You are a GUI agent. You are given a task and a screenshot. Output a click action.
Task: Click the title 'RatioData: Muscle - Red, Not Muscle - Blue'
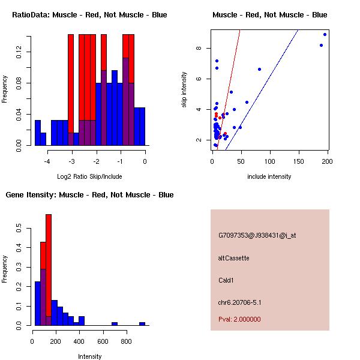point(89,14)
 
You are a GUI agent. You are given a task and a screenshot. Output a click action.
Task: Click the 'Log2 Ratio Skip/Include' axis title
point(89,176)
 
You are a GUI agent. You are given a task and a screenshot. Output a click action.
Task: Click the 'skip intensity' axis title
point(185,90)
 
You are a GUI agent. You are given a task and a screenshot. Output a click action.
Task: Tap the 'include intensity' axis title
point(269,176)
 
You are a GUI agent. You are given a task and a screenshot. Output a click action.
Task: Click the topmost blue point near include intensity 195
point(325,34)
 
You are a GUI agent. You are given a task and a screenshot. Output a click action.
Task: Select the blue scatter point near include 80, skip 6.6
point(259,69)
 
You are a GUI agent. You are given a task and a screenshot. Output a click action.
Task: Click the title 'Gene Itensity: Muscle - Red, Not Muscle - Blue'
point(89,195)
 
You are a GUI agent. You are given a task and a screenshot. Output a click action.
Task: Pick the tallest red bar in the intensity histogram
point(49,270)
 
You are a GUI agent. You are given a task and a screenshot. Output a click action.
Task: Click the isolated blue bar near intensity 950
point(142,323)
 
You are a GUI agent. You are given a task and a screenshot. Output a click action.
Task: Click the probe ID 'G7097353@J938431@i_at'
point(257,235)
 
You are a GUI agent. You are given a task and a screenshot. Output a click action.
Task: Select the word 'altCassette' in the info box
point(233,258)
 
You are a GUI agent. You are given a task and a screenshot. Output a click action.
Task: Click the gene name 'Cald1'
point(226,280)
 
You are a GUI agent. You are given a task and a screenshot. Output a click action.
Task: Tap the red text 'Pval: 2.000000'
point(239,319)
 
